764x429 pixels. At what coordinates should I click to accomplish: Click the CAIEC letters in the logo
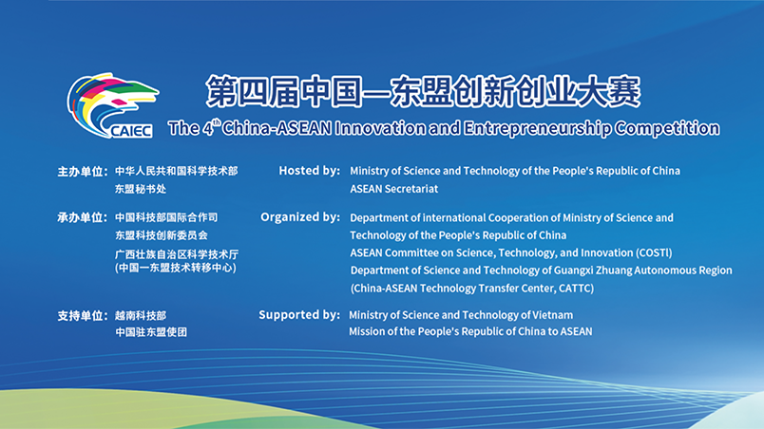(x=131, y=131)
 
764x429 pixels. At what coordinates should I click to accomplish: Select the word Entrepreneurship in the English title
(x=537, y=129)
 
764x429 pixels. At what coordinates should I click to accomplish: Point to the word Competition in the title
(x=667, y=129)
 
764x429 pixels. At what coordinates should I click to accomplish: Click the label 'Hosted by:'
(x=310, y=171)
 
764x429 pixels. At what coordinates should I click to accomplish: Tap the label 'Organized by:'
(x=300, y=217)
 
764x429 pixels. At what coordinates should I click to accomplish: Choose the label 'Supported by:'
(x=299, y=315)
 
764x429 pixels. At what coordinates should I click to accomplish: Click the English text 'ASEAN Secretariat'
(x=393, y=189)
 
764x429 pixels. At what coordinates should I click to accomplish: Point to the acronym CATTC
(x=575, y=289)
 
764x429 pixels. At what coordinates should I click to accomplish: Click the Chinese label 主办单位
(x=81, y=172)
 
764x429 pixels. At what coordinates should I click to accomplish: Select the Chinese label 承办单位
(x=81, y=217)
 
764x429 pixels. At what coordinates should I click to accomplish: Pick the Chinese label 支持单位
(x=81, y=316)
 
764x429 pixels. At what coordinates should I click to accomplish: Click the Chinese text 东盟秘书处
(x=141, y=189)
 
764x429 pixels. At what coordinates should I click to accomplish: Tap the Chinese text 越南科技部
(x=141, y=316)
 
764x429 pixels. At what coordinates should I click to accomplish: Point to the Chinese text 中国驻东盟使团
(x=151, y=332)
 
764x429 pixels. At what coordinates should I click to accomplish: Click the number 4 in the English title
(x=208, y=129)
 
